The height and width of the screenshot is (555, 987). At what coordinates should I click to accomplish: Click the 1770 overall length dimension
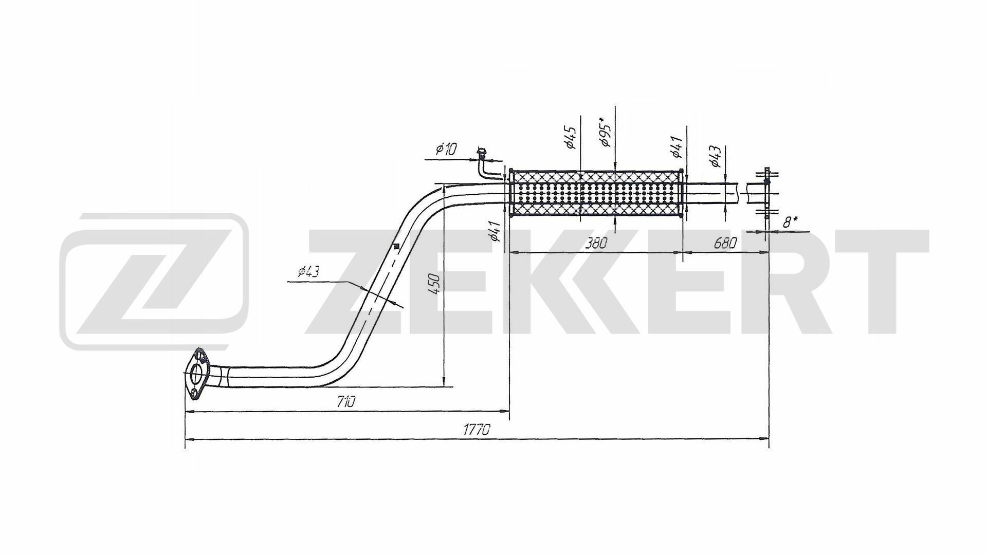(x=476, y=430)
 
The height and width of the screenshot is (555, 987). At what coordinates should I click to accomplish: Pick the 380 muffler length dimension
(x=596, y=243)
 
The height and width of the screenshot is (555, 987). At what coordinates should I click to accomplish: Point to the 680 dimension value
(x=725, y=243)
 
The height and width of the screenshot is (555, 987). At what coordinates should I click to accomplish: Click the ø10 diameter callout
(x=445, y=150)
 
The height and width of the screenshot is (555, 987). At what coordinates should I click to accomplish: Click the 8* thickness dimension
(x=790, y=223)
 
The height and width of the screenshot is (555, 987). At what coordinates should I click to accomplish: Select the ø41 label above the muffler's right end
(x=676, y=147)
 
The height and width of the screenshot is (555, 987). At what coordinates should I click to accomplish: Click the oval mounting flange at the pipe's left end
(x=195, y=374)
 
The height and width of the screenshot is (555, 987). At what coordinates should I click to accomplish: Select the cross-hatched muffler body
(x=596, y=195)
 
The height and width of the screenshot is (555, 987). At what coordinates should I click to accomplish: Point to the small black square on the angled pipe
(x=396, y=246)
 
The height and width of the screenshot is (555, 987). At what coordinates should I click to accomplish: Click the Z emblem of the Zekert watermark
(x=154, y=281)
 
